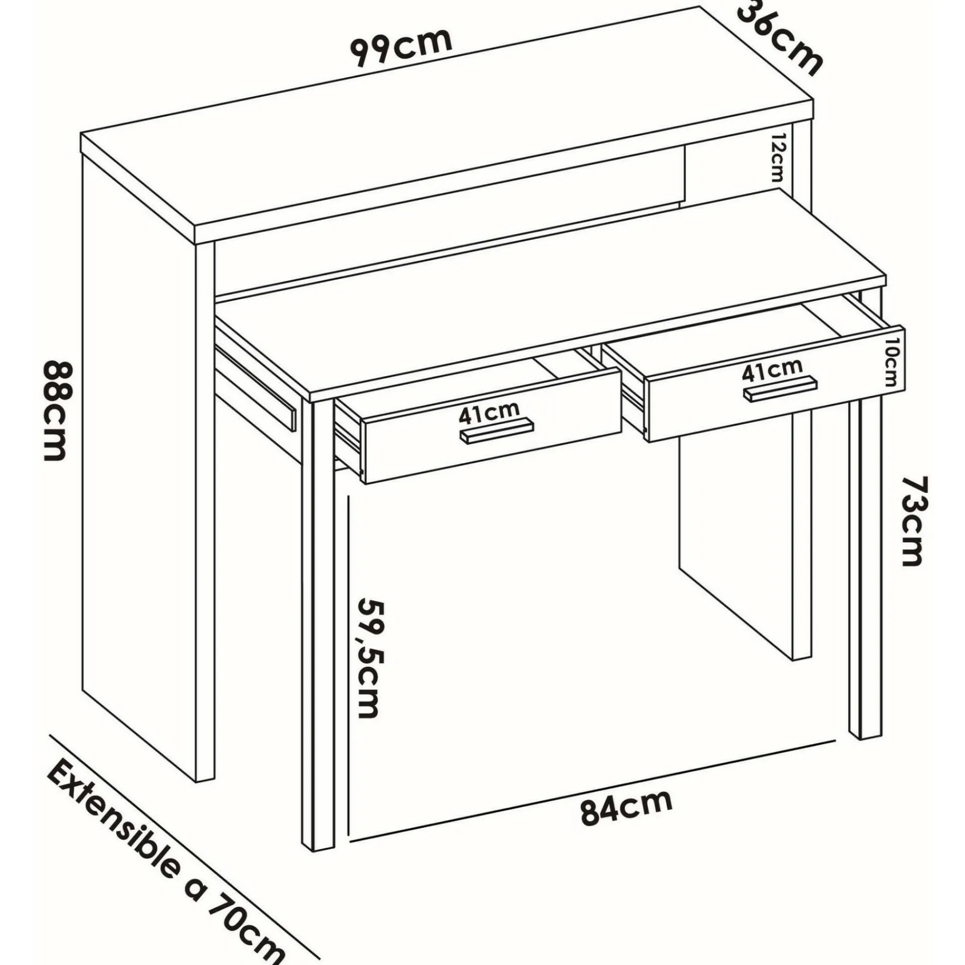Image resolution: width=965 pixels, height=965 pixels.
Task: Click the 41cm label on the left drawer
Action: (x=489, y=414)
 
